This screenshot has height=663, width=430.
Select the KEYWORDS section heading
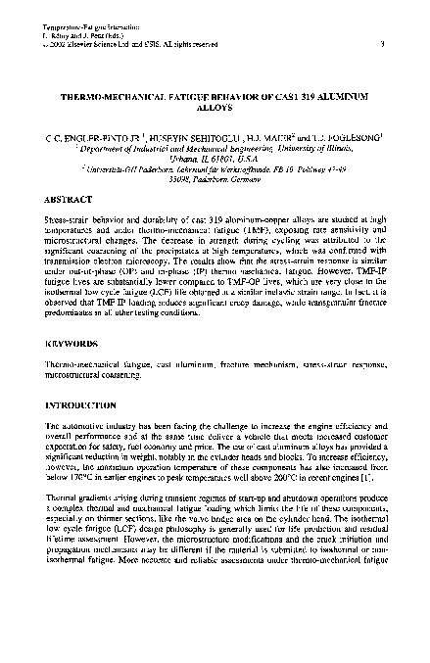(72, 345)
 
